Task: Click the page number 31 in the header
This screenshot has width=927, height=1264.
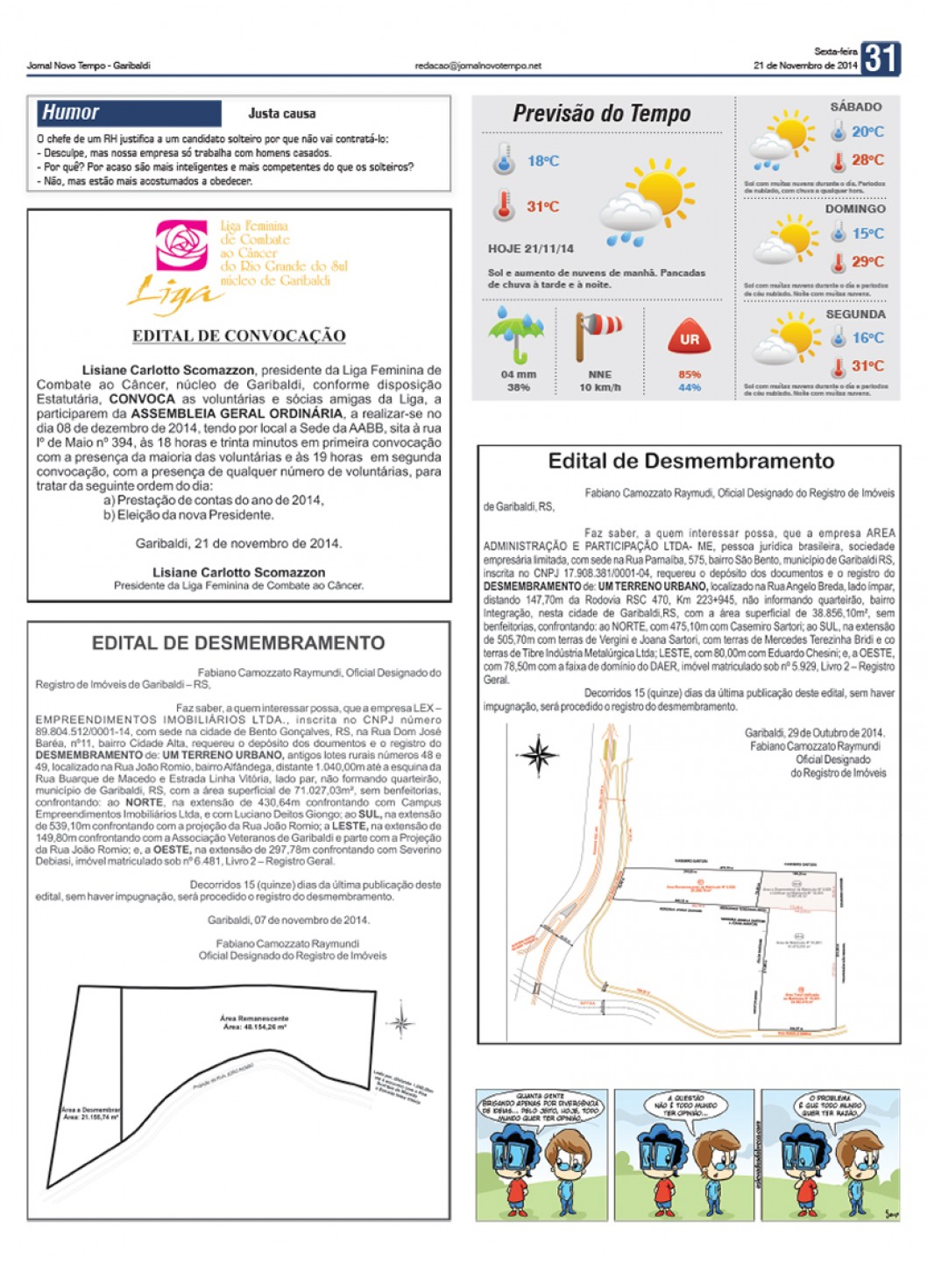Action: [x=880, y=59]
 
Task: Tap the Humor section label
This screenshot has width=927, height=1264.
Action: [x=71, y=112]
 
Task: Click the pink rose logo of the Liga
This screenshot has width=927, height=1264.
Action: [x=181, y=244]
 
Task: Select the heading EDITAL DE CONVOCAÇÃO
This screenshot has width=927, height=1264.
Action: [x=238, y=335]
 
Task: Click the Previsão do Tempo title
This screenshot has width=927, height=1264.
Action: [x=601, y=114]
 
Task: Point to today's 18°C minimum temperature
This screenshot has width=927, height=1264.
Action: [x=542, y=161]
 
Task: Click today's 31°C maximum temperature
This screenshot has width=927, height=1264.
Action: [x=542, y=207]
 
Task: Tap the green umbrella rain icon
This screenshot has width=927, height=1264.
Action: [x=516, y=335]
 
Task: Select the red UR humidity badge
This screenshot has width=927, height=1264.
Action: [x=690, y=338]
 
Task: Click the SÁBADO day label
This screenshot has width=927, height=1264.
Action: [x=855, y=107]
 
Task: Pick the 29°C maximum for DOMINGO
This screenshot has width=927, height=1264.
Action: [x=867, y=261]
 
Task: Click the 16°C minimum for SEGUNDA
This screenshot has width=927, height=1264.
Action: [x=867, y=338]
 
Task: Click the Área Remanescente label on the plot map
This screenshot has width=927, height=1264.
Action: [x=254, y=1020]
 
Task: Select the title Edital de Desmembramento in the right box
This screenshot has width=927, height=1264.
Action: [x=690, y=462]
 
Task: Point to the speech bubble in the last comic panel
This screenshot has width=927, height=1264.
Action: [x=828, y=1105]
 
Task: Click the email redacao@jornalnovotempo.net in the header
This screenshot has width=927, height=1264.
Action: [x=478, y=66]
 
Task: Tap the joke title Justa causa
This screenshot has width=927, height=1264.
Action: [x=281, y=113]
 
